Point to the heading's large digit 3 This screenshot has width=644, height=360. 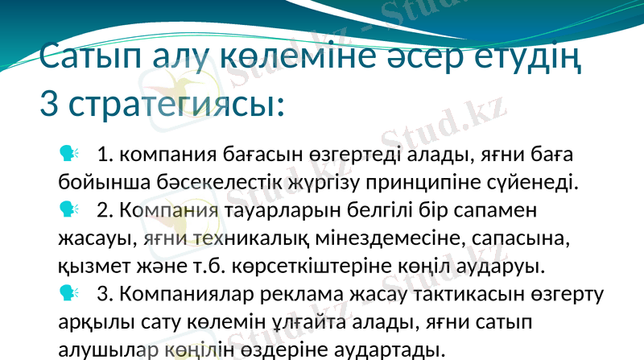(x=50, y=105)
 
